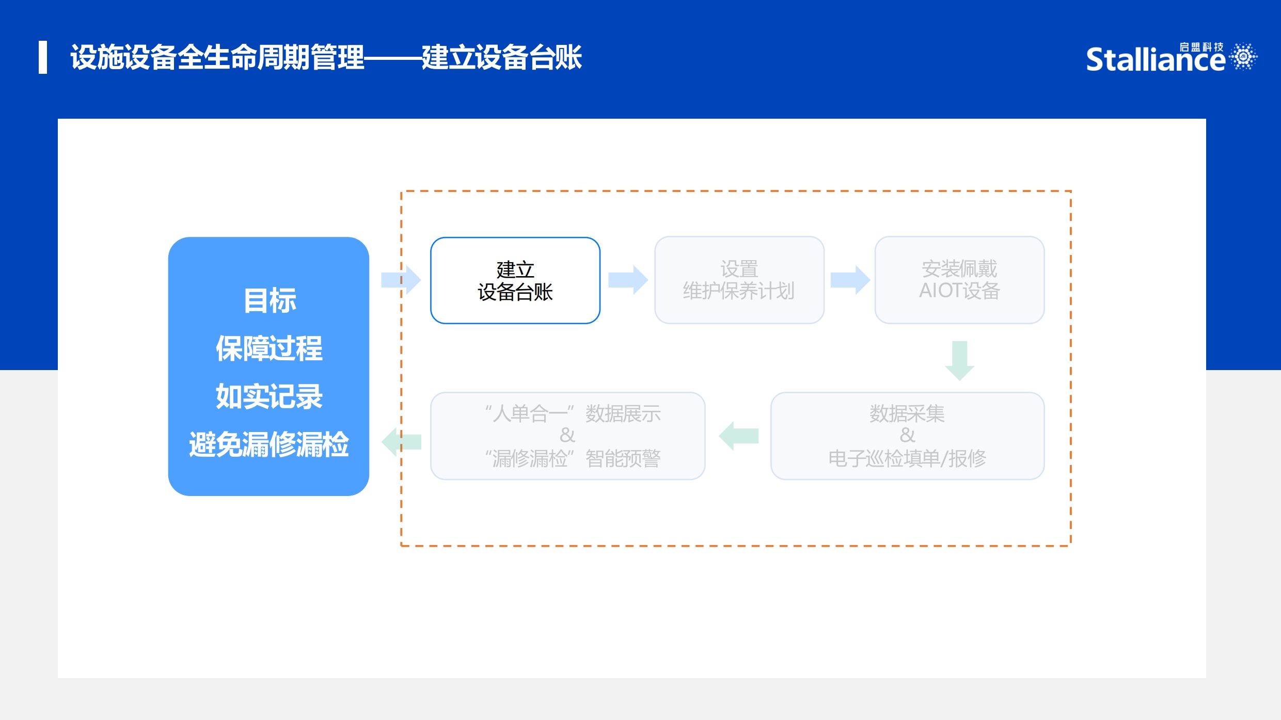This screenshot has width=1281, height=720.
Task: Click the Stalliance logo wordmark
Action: click(1156, 59)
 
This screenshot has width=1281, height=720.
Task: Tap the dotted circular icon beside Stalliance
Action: click(1243, 56)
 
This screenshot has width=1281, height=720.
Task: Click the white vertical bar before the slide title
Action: click(43, 57)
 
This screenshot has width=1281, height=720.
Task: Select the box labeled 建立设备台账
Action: click(515, 280)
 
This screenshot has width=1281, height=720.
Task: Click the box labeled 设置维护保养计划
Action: click(739, 280)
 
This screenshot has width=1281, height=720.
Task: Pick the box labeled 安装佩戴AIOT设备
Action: click(959, 280)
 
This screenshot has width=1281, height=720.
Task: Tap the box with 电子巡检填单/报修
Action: click(907, 436)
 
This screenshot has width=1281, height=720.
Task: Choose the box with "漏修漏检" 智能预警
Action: click(567, 436)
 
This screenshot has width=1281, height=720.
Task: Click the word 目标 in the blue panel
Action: click(270, 300)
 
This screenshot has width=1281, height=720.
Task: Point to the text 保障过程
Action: click(269, 348)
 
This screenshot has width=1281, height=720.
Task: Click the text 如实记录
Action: click(269, 396)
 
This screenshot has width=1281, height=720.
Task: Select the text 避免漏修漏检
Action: click(269, 444)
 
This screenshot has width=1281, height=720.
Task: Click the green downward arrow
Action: click(959, 360)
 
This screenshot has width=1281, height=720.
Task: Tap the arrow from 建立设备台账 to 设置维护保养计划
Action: click(628, 280)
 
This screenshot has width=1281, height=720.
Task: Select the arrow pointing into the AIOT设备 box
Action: click(850, 280)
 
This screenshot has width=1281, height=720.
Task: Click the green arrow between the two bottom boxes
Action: click(738, 436)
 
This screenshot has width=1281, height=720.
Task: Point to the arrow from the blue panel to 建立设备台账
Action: click(401, 280)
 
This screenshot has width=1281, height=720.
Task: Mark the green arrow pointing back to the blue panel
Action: click(401, 442)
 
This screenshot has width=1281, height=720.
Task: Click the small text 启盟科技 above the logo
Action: click(1201, 47)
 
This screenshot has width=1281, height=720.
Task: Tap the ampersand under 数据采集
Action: click(907, 436)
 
